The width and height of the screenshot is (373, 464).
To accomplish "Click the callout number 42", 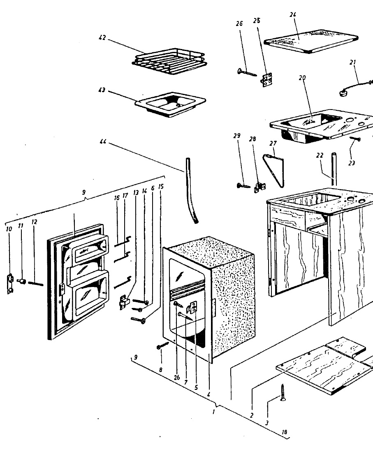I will coord(102,37).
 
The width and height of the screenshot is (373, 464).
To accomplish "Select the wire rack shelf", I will coord(168,63).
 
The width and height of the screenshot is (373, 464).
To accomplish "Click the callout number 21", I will coord(352,62).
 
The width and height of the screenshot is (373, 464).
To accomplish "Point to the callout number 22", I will coord(320,156).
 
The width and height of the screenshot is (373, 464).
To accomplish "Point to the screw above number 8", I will coord(163,346).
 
